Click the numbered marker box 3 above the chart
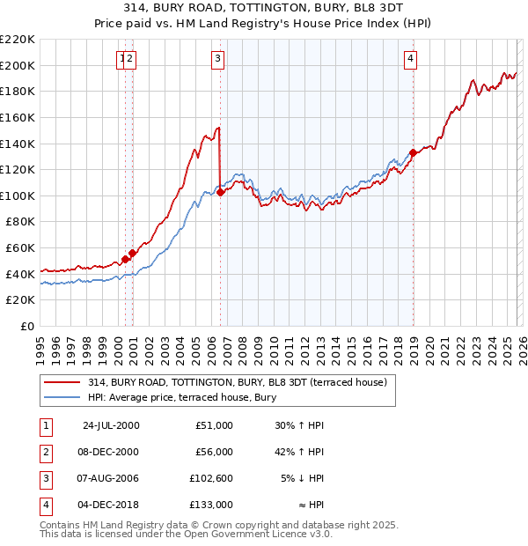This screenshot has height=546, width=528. coord(217,59)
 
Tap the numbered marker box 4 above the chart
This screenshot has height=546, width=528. coord(410,59)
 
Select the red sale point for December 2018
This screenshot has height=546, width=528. coord(413,152)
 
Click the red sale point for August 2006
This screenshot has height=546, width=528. coord(220,192)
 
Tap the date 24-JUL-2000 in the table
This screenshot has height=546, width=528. coord(110,425)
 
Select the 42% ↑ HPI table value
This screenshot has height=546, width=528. coord(299,452)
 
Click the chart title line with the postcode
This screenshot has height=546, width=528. coord(263,10)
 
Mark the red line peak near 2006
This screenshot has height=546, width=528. coord(217,129)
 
